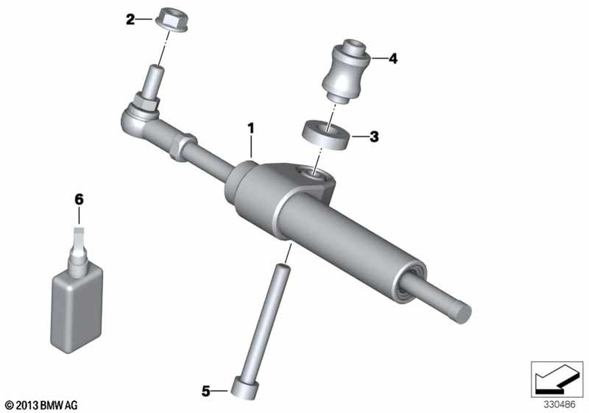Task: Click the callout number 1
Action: [x=250, y=128]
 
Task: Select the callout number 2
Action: [x=130, y=19]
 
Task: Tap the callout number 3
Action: [x=374, y=136]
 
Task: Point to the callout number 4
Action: [x=392, y=58]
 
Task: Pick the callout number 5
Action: [x=206, y=391]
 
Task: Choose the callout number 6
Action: [x=79, y=199]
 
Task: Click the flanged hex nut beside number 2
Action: [x=172, y=19]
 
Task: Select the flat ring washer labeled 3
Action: [x=326, y=136]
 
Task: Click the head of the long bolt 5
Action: [x=244, y=386]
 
